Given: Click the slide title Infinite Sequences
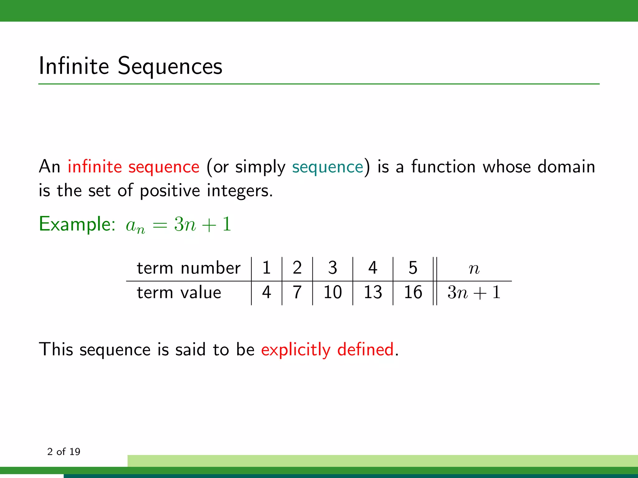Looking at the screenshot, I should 130,66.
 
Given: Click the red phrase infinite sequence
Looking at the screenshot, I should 133,167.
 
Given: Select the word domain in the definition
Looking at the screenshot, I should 566,166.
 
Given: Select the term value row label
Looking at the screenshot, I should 179,293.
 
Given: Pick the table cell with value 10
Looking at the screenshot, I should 332,293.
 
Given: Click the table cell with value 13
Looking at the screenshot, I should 373,293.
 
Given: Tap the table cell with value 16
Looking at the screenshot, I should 413,293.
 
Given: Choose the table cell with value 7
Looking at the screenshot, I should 297,293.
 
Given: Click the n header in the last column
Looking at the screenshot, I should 474,268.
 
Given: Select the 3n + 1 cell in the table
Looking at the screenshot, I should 474,293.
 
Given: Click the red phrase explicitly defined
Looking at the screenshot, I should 327,349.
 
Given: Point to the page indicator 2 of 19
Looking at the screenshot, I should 64,452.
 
